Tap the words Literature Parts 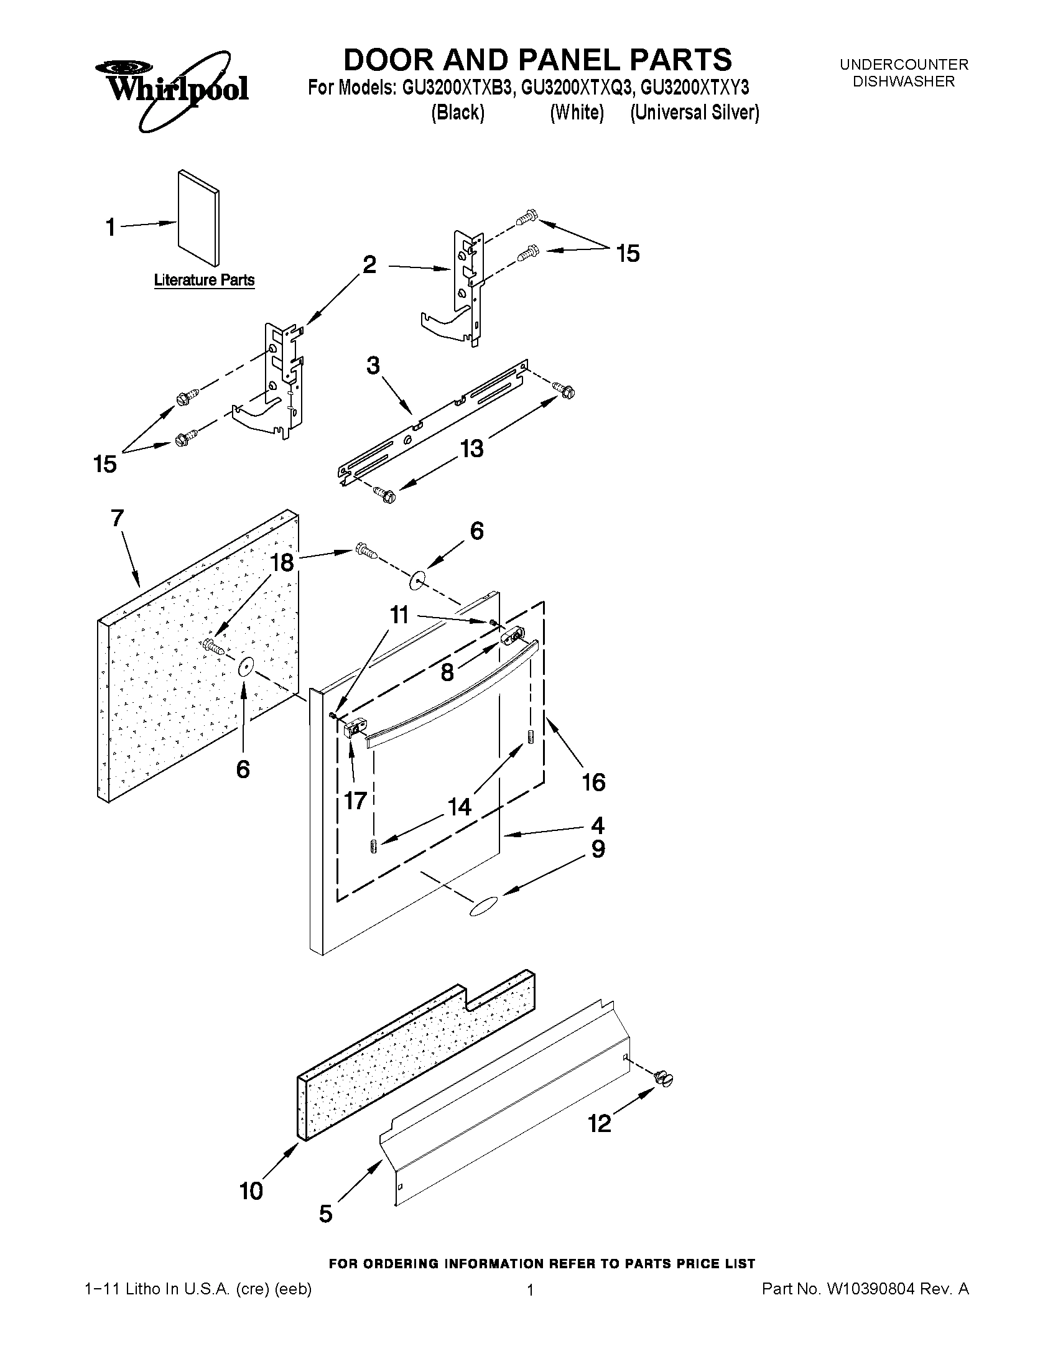coord(205,280)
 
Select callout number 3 coord(373,366)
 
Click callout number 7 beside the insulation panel coord(117,518)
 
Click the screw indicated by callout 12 coord(664,1079)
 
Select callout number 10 coord(251,1191)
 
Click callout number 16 coord(593,782)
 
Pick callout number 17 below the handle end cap coord(355,800)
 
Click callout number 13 coord(471,449)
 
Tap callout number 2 coord(369,265)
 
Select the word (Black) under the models coord(458,113)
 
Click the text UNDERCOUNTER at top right coord(903,65)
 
